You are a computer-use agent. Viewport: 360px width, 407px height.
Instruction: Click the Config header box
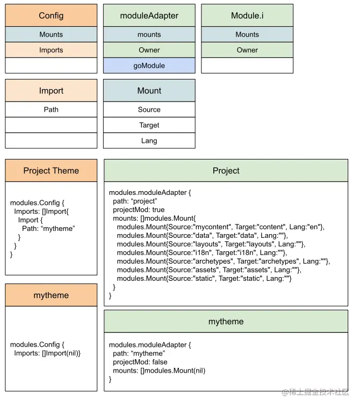(51, 16)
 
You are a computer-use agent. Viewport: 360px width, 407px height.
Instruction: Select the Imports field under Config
(51, 50)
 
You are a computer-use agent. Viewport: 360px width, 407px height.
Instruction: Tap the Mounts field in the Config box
(51, 34)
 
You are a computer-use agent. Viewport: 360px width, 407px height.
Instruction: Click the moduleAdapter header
(149, 16)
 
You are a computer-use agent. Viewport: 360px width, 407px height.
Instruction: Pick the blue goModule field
(149, 66)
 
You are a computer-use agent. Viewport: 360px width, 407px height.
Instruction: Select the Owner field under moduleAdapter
(149, 50)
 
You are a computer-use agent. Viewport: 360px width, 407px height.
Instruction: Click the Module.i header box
(247, 16)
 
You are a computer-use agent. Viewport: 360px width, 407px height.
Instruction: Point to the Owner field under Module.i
(247, 50)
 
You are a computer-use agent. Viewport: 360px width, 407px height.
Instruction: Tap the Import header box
(51, 91)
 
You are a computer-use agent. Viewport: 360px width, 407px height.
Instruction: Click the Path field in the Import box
(51, 110)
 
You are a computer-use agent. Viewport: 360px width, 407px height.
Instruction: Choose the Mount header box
(149, 91)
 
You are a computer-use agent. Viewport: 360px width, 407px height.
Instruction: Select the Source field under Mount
(149, 110)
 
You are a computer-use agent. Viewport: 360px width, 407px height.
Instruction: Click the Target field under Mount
(149, 125)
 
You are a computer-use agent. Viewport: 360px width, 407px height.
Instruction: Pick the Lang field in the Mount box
(149, 141)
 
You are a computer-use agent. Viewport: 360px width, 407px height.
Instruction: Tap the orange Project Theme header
(51, 171)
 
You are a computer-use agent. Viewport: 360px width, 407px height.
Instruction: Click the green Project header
(226, 171)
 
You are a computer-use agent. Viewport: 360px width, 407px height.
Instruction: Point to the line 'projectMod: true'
(139, 209)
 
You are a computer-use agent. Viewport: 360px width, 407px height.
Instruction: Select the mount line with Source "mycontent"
(220, 227)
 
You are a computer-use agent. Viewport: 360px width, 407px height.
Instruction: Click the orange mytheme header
(51, 295)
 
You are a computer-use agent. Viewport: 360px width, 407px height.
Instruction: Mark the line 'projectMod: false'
(140, 362)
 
